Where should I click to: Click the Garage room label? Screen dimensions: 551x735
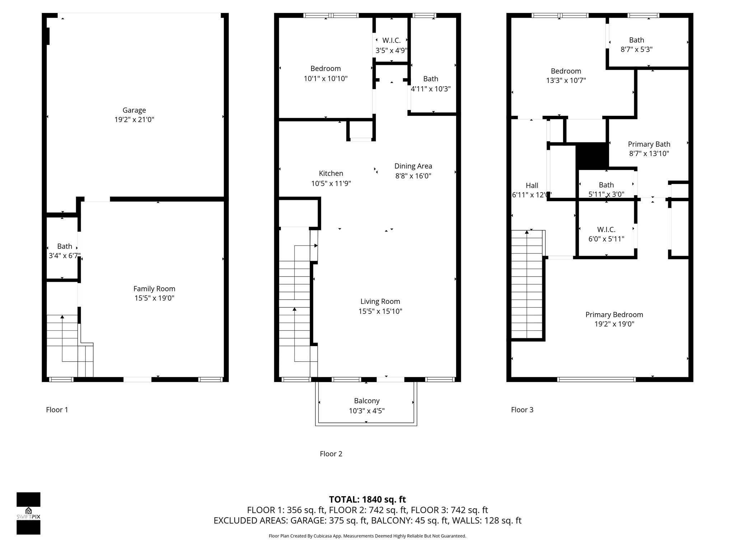[134, 110]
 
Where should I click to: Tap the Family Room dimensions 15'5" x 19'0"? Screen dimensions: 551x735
[154, 298]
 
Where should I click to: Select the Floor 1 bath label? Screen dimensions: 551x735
[65, 246]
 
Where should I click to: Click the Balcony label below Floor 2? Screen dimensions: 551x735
[366, 401]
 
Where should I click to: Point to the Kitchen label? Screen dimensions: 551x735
[331, 173]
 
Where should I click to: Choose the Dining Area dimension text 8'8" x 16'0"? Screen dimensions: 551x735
[413, 176]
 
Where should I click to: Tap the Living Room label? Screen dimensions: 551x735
[380, 301]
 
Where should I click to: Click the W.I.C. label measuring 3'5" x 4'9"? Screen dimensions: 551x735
[391, 41]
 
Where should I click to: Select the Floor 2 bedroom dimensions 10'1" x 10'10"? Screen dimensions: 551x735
[326, 79]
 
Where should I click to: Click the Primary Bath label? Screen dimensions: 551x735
[649, 144]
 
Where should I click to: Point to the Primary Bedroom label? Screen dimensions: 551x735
[614, 315]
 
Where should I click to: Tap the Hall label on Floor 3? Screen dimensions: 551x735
[532, 185]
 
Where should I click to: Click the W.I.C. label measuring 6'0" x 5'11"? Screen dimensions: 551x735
[606, 230]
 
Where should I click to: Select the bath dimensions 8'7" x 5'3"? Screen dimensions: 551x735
[636, 50]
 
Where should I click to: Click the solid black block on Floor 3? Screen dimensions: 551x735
[592, 156]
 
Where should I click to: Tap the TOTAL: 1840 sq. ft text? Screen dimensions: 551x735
[367, 499]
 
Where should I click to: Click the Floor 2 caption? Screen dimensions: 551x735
[331, 454]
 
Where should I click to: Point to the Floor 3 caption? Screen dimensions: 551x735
[522, 410]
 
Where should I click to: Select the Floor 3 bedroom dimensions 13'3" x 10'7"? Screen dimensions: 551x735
[566, 80]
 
